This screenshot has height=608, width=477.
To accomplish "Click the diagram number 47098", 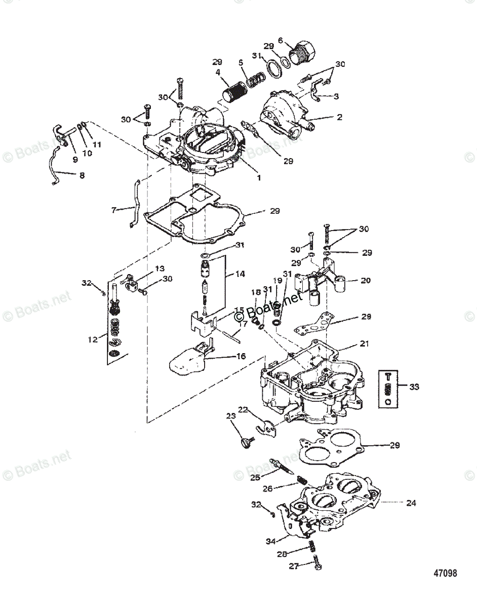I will click(445, 574).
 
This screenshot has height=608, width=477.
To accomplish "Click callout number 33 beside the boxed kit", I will click(414, 387).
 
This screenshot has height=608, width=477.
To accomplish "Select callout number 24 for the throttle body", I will click(411, 503).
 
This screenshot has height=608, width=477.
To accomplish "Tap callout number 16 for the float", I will click(241, 356).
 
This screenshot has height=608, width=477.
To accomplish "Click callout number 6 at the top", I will click(280, 41).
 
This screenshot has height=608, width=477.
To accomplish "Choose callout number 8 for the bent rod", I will click(81, 175).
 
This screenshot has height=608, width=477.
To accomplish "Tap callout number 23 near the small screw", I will click(231, 416).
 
